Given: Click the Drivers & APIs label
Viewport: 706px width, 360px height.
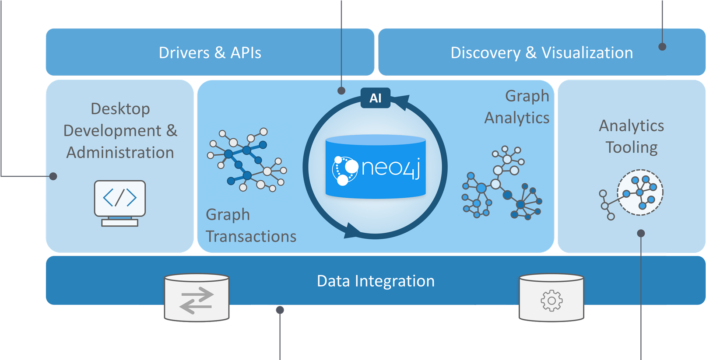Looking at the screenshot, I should [x=210, y=52].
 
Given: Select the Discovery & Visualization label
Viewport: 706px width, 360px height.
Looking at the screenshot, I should [x=541, y=52].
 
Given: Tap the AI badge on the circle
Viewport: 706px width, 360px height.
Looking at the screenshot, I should [x=375, y=98].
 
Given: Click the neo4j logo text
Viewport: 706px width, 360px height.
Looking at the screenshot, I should [x=390, y=168].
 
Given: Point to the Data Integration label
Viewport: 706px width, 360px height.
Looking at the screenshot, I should [x=376, y=281].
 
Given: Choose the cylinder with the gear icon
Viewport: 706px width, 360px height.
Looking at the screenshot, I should [x=551, y=298].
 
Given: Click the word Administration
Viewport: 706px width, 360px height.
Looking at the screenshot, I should [x=120, y=152].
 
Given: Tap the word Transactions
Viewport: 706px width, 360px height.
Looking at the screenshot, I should [x=251, y=236].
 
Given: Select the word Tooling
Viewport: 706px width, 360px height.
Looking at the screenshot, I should [x=631, y=147].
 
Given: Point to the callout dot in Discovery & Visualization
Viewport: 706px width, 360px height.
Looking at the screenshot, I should [x=662, y=46].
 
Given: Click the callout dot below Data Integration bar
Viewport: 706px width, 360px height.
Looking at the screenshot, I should [x=280, y=310].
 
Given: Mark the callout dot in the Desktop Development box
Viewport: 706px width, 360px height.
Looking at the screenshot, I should [x=53, y=176].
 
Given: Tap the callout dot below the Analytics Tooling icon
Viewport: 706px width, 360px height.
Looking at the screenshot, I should [x=641, y=233].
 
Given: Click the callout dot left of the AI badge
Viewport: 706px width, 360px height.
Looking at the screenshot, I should [x=341, y=91].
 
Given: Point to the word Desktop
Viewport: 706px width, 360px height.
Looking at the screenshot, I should [x=120, y=108].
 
